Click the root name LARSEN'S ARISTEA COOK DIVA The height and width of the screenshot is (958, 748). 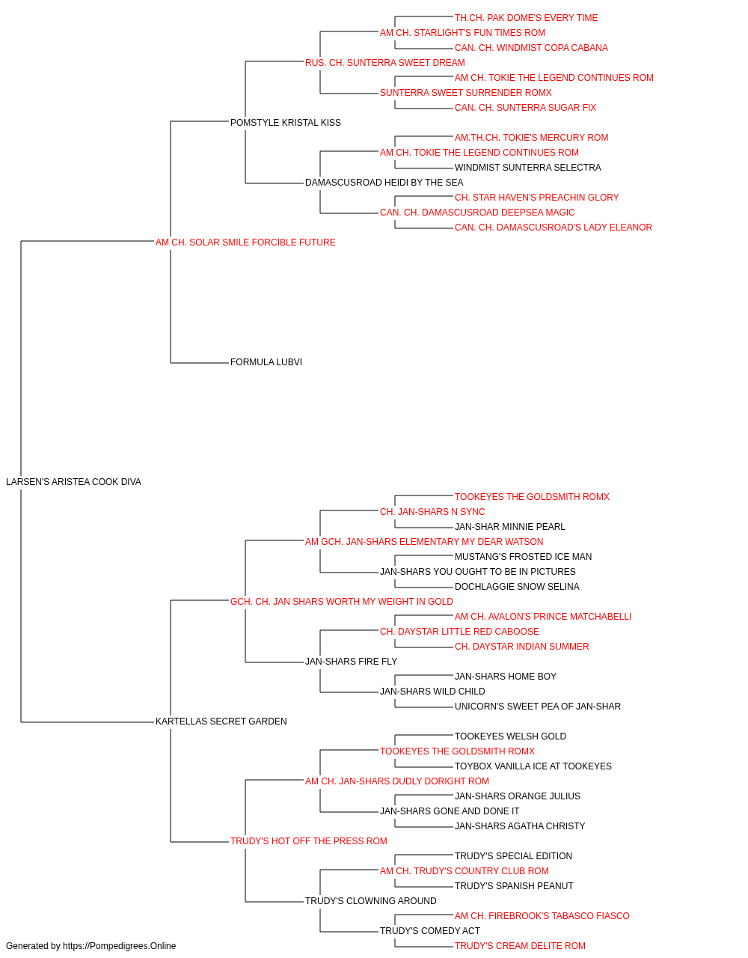(x=73, y=482)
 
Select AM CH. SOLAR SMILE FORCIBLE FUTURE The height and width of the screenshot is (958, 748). (x=245, y=242)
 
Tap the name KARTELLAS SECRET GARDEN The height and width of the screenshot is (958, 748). (x=221, y=721)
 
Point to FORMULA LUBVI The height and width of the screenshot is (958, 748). (x=266, y=362)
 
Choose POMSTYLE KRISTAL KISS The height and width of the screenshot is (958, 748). (x=286, y=123)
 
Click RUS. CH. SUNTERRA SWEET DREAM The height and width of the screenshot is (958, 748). (x=385, y=63)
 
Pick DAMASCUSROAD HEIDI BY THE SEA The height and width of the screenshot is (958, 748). (x=384, y=183)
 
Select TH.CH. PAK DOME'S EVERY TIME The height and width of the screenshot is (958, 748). (x=526, y=18)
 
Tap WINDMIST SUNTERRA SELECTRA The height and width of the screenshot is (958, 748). (x=528, y=168)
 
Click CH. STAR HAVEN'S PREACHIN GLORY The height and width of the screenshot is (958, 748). (x=536, y=198)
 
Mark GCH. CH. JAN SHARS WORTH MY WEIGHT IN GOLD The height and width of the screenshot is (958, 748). (x=341, y=602)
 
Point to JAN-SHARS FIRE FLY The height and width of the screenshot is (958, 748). (x=351, y=662)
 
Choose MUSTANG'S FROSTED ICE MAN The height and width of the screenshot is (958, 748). (x=523, y=557)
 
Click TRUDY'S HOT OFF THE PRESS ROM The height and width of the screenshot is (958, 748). (x=308, y=841)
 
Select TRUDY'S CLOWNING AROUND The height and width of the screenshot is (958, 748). (x=370, y=901)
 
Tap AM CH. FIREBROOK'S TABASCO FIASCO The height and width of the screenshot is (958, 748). (x=542, y=916)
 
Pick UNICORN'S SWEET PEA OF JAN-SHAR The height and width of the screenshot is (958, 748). (x=537, y=707)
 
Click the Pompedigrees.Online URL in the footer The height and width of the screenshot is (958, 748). (x=120, y=946)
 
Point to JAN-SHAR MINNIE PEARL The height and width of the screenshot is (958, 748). (x=509, y=527)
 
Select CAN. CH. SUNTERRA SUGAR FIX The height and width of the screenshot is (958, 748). (x=525, y=108)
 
